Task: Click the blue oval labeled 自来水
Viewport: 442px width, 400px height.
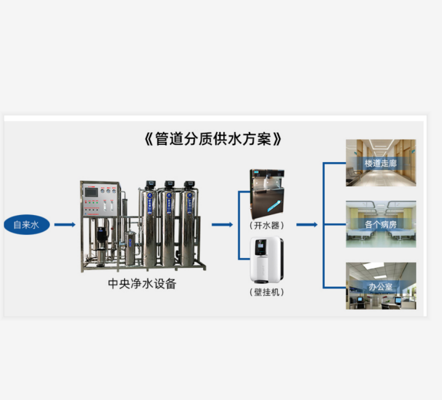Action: (26, 225)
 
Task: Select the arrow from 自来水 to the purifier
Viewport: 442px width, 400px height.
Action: (64, 225)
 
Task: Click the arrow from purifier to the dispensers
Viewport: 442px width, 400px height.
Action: (222, 225)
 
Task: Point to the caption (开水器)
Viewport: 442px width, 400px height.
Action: (266, 224)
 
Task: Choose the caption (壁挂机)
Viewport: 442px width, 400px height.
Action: (266, 292)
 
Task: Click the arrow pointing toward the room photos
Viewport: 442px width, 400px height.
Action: (307, 225)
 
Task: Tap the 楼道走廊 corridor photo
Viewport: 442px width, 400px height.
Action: (381, 163)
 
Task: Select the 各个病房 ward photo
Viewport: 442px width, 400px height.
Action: (381, 224)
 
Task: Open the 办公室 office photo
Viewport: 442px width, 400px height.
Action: (381, 286)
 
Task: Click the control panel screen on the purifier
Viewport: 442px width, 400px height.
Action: (91, 191)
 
